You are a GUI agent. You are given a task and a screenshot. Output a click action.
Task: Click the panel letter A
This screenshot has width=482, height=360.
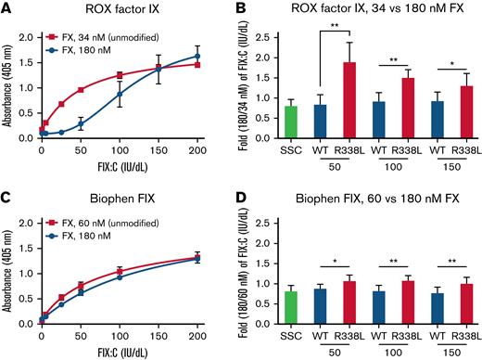tap(7, 8)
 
